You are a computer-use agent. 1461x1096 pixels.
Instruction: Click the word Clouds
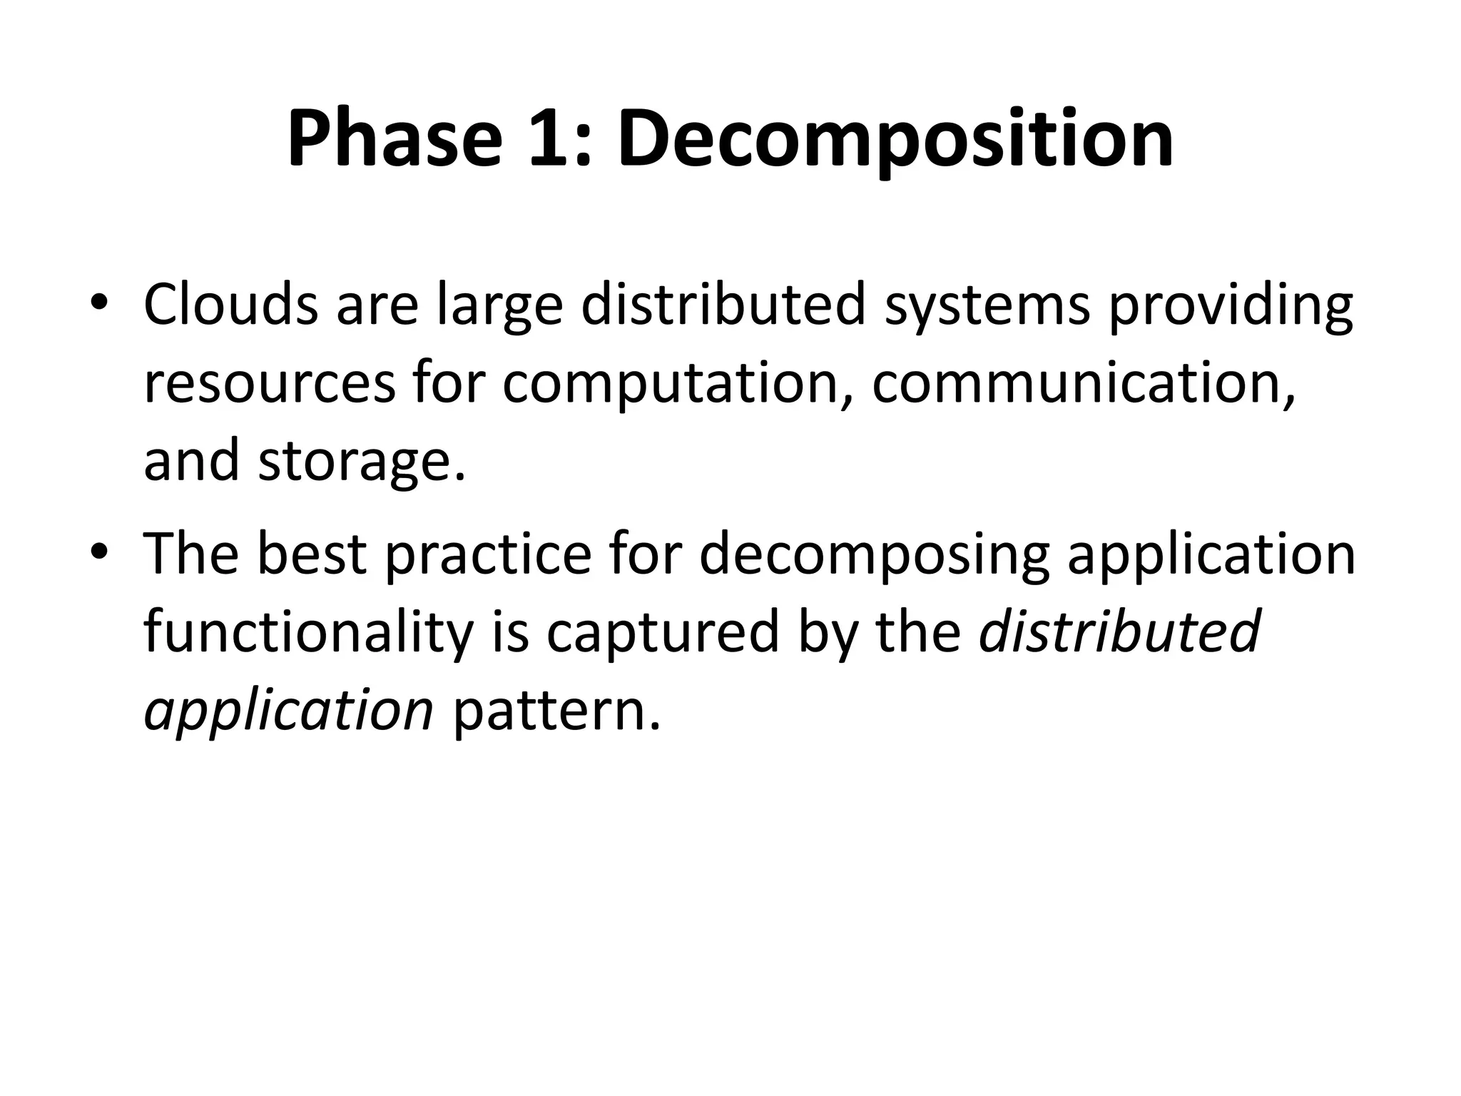pyautogui.click(x=230, y=305)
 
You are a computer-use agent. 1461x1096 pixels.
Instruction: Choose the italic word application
pyautogui.click(x=289, y=712)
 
